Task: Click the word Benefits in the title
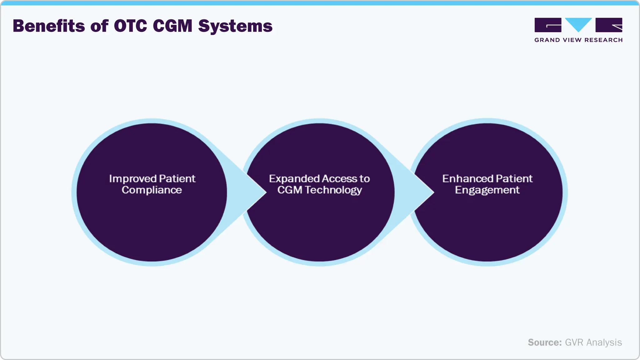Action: point(49,26)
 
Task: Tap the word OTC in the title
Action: point(130,26)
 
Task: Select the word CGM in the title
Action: point(172,26)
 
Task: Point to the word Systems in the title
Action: point(235,27)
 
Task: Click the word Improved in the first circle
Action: point(132,179)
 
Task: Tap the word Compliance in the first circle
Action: point(152,190)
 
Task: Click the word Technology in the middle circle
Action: point(333,190)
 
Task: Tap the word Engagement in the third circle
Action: point(487,190)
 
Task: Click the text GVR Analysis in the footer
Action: point(593,342)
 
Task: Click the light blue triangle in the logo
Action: point(578,24)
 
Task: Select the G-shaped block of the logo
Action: point(548,25)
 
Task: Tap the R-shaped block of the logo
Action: point(609,25)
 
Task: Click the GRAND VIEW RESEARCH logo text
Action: point(578,40)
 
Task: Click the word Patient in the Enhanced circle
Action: point(514,179)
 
